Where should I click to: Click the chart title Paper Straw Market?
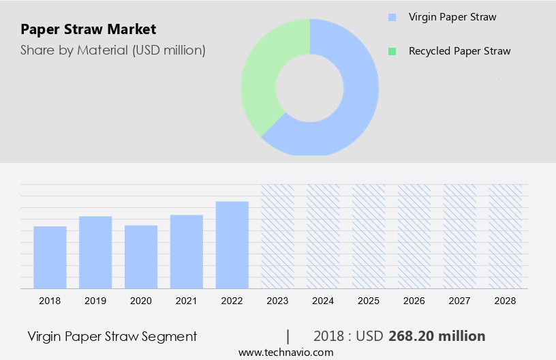89,29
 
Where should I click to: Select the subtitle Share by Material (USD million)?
112,50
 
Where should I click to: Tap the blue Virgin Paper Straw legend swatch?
392,17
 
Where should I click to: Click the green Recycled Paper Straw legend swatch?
392,51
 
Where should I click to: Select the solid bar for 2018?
50,257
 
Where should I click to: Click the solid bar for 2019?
95,252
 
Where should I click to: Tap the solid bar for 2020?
141,256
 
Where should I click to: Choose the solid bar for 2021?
187,252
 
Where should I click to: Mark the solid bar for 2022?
232,245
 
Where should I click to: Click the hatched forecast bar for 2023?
277,236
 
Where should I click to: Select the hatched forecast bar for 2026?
414,236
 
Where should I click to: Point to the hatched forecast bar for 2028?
506,236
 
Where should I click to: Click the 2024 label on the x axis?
323,301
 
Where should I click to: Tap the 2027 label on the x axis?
460,301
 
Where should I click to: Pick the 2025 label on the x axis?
369,301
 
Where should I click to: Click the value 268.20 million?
437,336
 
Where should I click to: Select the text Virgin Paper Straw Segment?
112,336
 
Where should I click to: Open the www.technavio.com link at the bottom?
286,352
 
